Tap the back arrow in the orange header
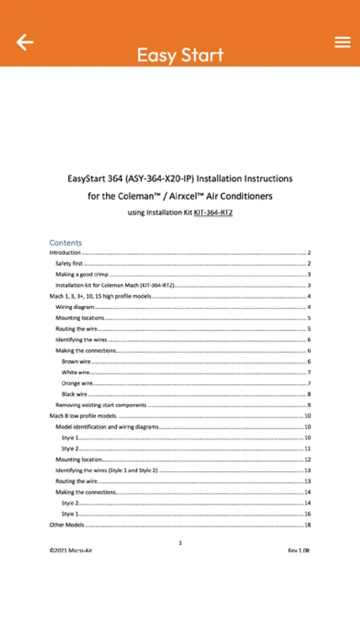[x=25, y=43]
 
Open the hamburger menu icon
[x=342, y=43]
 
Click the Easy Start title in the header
[x=180, y=55]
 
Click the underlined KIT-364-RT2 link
[x=213, y=212]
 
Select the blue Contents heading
[x=65, y=243]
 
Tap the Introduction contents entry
[x=65, y=253]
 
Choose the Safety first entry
[x=69, y=263]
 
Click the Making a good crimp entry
[x=81, y=274]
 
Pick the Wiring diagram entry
[x=75, y=307]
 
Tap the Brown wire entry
[x=75, y=361]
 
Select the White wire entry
[x=75, y=372]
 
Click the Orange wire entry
[x=77, y=383]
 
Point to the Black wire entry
[x=75, y=394]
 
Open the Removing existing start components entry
[x=101, y=405]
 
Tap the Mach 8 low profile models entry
[x=82, y=416]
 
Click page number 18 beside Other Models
[x=307, y=525]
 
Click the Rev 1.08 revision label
[x=298, y=550]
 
